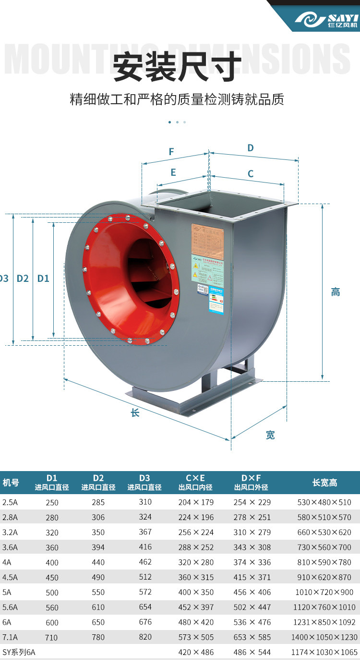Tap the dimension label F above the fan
pyautogui.click(x=171, y=152)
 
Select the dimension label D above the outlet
pyautogui.click(x=250, y=148)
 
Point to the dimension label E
pyautogui.click(x=173, y=172)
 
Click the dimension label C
pyautogui.click(x=250, y=174)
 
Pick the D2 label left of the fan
pyautogui.click(x=23, y=278)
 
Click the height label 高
pyautogui.click(x=336, y=291)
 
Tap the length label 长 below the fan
pyautogui.click(x=135, y=412)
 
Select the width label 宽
pyautogui.click(x=270, y=435)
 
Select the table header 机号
pyautogui.click(x=11, y=483)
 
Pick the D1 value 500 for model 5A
pyautogui.click(x=52, y=593)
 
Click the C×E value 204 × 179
pyautogui.click(x=196, y=502)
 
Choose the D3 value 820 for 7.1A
pyautogui.click(x=145, y=637)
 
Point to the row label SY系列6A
pyautogui.click(x=19, y=652)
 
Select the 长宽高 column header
pyautogui.click(x=324, y=483)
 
